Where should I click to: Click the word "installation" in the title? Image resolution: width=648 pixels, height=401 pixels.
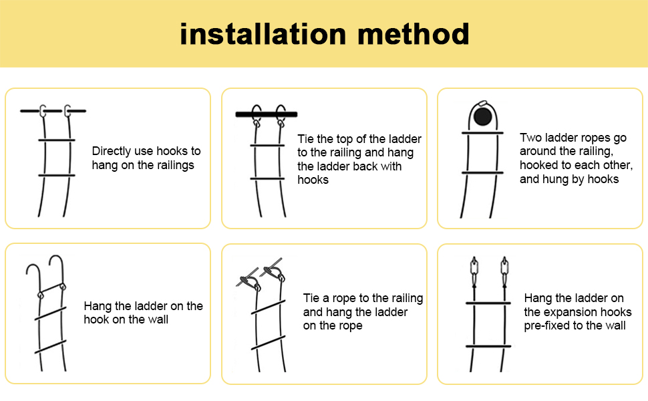pyautogui.click(x=263, y=34)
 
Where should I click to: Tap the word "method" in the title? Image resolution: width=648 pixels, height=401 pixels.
pyautogui.click(x=414, y=34)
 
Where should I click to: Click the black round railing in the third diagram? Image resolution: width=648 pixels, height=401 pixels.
pyautogui.click(x=483, y=116)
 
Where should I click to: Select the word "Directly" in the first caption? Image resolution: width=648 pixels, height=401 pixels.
pyautogui.click(x=111, y=151)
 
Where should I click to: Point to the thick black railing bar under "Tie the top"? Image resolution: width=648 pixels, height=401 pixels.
pyautogui.click(x=267, y=114)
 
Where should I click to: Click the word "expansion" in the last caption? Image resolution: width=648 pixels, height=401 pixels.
pyautogui.click(x=577, y=312)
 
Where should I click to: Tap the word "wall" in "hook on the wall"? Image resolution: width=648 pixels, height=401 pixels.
pyautogui.click(x=158, y=319)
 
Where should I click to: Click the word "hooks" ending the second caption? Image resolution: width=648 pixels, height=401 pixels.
pyautogui.click(x=313, y=180)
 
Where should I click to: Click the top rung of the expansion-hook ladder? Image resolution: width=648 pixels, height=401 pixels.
pyautogui.click(x=488, y=303)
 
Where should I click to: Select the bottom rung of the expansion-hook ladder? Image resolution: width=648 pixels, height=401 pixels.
pyautogui.click(x=488, y=346)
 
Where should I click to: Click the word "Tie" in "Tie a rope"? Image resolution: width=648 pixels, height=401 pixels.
pyautogui.click(x=311, y=298)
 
